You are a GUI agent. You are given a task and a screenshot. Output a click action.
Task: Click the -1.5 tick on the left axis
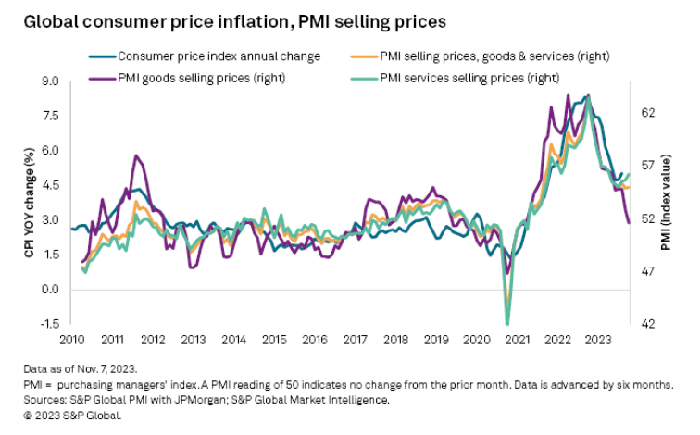(x=49, y=324)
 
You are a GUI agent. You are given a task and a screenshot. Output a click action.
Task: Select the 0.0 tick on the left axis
(x=51, y=290)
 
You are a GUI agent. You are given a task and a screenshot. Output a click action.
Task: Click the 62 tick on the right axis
(x=649, y=113)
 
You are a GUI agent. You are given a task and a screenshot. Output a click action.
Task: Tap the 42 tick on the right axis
(x=649, y=324)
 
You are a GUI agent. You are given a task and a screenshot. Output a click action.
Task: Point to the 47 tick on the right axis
(x=649, y=271)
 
